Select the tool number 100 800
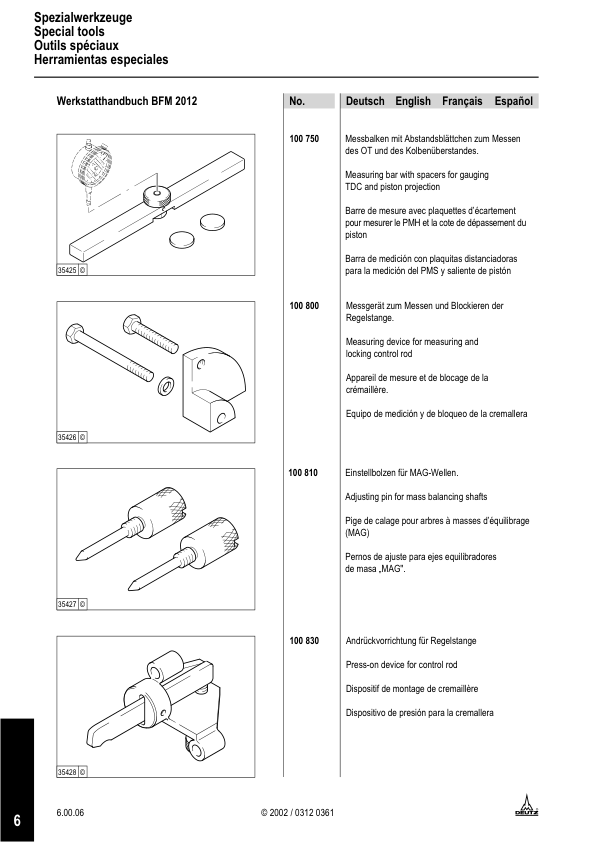point(304,304)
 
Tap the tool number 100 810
point(304,472)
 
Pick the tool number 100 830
point(304,639)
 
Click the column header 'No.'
point(297,101)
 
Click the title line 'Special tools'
point(69,32)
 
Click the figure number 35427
point(67,604)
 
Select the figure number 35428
point(67,772)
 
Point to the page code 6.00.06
point(71,812)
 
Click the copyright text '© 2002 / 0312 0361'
point(297,812)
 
